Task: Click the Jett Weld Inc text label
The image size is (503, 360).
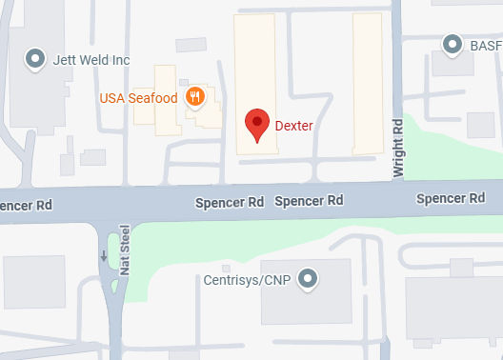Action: coord(91,60)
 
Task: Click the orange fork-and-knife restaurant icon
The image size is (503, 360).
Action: coord(195,96)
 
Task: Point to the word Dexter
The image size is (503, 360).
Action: coord(293,125)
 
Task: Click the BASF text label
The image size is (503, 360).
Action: coord(485,44)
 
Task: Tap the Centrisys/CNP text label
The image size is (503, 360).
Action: coord(246,280)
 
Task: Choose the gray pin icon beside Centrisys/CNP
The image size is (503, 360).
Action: coord(307,279)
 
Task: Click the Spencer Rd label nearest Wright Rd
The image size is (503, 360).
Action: coord(451,199)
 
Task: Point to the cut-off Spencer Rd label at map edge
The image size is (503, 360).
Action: coord(25,205)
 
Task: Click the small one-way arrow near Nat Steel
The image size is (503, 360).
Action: coord(103,255)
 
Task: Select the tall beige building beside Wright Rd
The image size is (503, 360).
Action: coord(368,83)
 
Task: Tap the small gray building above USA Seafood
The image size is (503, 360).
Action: coord(191,45)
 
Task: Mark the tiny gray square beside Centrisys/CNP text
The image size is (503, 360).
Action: coord(225,268)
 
